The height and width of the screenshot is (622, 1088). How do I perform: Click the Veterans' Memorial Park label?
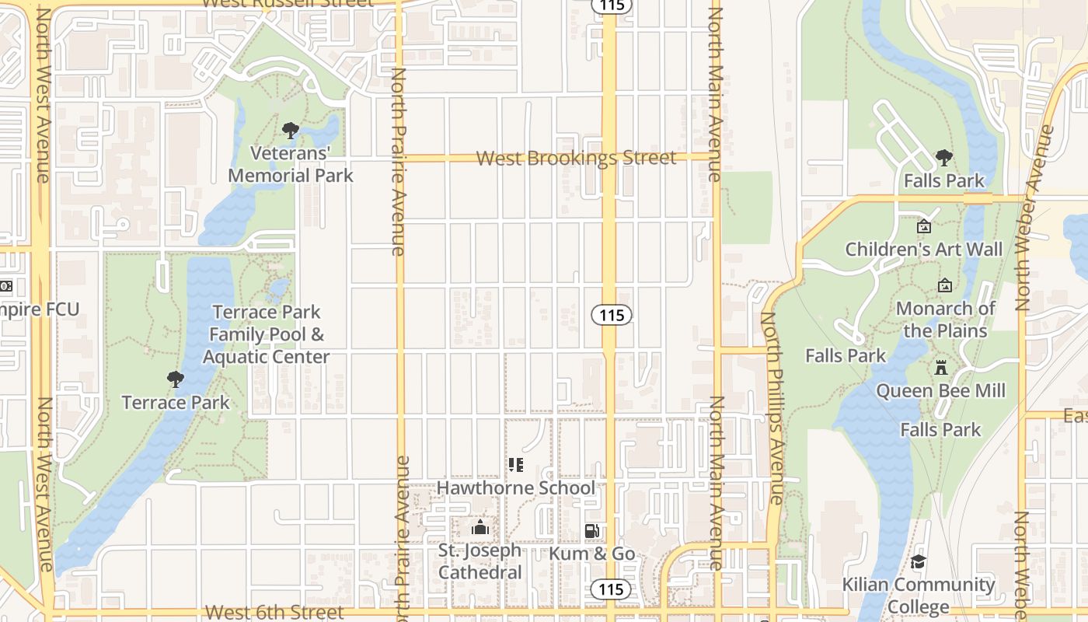pyautogui.click(x=290, y=164)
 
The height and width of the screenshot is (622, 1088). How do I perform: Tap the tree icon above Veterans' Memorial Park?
pyautogui.click(x=290, y=130)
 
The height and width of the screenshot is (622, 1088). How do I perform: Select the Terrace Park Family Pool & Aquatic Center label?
pyautogui.click(x=267, y=334)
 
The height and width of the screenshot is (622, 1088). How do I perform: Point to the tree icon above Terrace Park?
pyautogui.click(x=176, y=379)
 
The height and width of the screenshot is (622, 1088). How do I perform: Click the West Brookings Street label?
pyautogui.click(x=576, y=158)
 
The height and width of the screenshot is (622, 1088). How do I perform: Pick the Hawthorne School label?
pyautogui.click(x=516, y=487)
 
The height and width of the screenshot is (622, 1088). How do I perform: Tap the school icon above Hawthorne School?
pyautogui.click(x=515, y=465)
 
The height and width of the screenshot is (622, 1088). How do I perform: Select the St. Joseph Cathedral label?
pyautogui.click(x=479, y=561)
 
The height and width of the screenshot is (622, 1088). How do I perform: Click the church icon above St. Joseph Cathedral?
pyautogui.click(x=479, y=529)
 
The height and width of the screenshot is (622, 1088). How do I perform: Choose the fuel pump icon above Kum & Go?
pyautogui.click(x=591, y=531)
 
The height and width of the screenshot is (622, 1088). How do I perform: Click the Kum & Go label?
pyautogui.click(x=592, y=554)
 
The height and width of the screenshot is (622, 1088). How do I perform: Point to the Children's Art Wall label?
pyautogui.click(x=924, y=250)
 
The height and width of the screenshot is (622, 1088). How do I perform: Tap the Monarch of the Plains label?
pyautogui.click(x=945, y=320)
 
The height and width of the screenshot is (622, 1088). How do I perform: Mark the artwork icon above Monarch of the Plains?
pyautogui.click(x=945, y=285)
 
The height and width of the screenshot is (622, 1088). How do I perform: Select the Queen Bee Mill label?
pyautogui.click(x=940, y=390)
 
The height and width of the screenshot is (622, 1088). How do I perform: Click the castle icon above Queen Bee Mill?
pyautogui.click(x=940, y=367)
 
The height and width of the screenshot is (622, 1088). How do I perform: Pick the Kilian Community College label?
pyautogui.click(x=918, y=595)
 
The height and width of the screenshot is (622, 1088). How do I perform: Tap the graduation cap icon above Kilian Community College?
pyautogui.click(x=918, y=561)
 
